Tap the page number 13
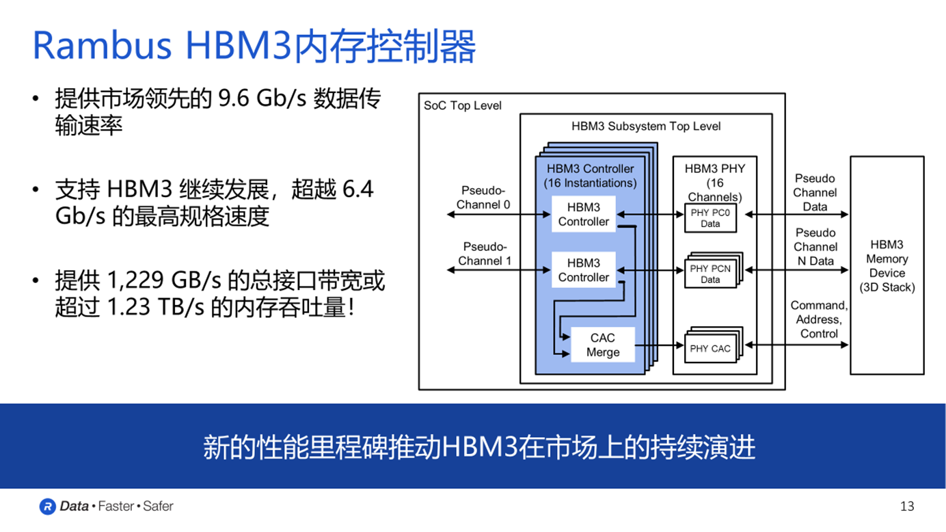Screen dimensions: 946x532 coord(907,506)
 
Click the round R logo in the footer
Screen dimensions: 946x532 coord(47,506)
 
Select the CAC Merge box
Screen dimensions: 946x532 coord(603,345)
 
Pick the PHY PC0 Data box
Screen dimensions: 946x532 coord(710,218)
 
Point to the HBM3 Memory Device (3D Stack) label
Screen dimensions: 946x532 coord(887,266)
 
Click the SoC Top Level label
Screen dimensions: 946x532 coord(463,105)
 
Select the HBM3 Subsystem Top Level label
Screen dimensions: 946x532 coord(646,126)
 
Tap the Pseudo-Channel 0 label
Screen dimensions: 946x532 coord(483,198)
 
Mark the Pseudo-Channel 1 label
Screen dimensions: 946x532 coord(485,254)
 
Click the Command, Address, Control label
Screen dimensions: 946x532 coord(819,319)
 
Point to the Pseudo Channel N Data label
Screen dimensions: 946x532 coord(815,247)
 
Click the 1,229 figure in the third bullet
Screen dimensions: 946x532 coord(135,280)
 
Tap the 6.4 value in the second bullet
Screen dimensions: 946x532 coord(357,189)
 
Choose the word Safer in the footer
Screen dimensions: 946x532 coord(158,506)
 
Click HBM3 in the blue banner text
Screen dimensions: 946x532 coord(481,447)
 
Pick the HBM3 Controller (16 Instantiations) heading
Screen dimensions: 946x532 coord(590,176)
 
